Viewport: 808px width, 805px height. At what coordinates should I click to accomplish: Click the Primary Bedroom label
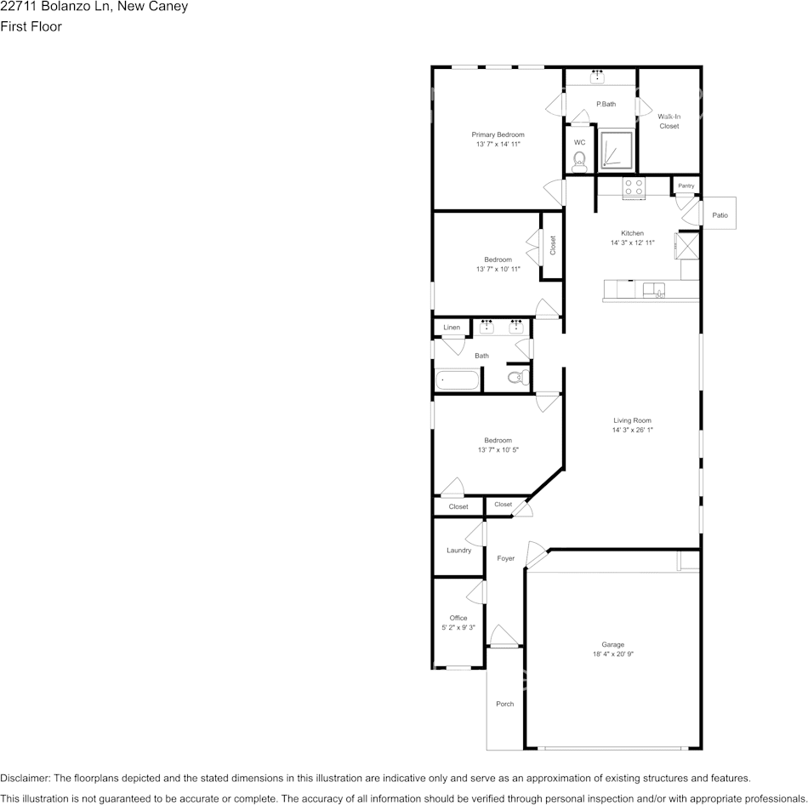[x=498, y=134]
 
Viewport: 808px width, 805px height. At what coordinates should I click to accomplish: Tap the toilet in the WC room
[x=580, y=160]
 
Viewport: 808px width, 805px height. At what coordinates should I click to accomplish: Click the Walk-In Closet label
[x=669, y=121]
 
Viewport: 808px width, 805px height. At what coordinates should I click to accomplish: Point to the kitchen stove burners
[x=634, y=188]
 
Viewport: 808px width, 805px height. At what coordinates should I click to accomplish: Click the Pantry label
[x=686, y=186]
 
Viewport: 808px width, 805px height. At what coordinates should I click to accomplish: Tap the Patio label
[x=720, y=215]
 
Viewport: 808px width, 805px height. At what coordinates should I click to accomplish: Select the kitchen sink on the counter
[x=654, y=289]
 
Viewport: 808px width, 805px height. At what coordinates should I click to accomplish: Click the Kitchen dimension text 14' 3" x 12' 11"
[x=632, y=243]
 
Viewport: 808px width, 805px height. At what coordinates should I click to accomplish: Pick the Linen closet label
[x=452, y=328]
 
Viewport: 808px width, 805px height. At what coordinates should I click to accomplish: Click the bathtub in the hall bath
[x=458, y=380]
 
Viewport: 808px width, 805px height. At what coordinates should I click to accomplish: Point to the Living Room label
[x=632, y=420]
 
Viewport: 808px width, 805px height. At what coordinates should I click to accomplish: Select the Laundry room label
[x=458, y=551]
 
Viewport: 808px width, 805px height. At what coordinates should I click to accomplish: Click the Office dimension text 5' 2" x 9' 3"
[x=458, y=628]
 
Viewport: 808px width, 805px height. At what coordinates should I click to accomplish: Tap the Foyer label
[x=505, y=558]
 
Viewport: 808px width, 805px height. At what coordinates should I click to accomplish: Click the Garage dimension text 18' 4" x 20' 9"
[x=613, y=654]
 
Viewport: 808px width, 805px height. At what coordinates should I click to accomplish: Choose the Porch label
[x=505, y=704]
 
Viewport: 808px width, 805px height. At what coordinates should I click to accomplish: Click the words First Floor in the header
[x=31, y=26]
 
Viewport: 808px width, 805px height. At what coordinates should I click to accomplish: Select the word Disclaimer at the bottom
[x=25, y=778]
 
